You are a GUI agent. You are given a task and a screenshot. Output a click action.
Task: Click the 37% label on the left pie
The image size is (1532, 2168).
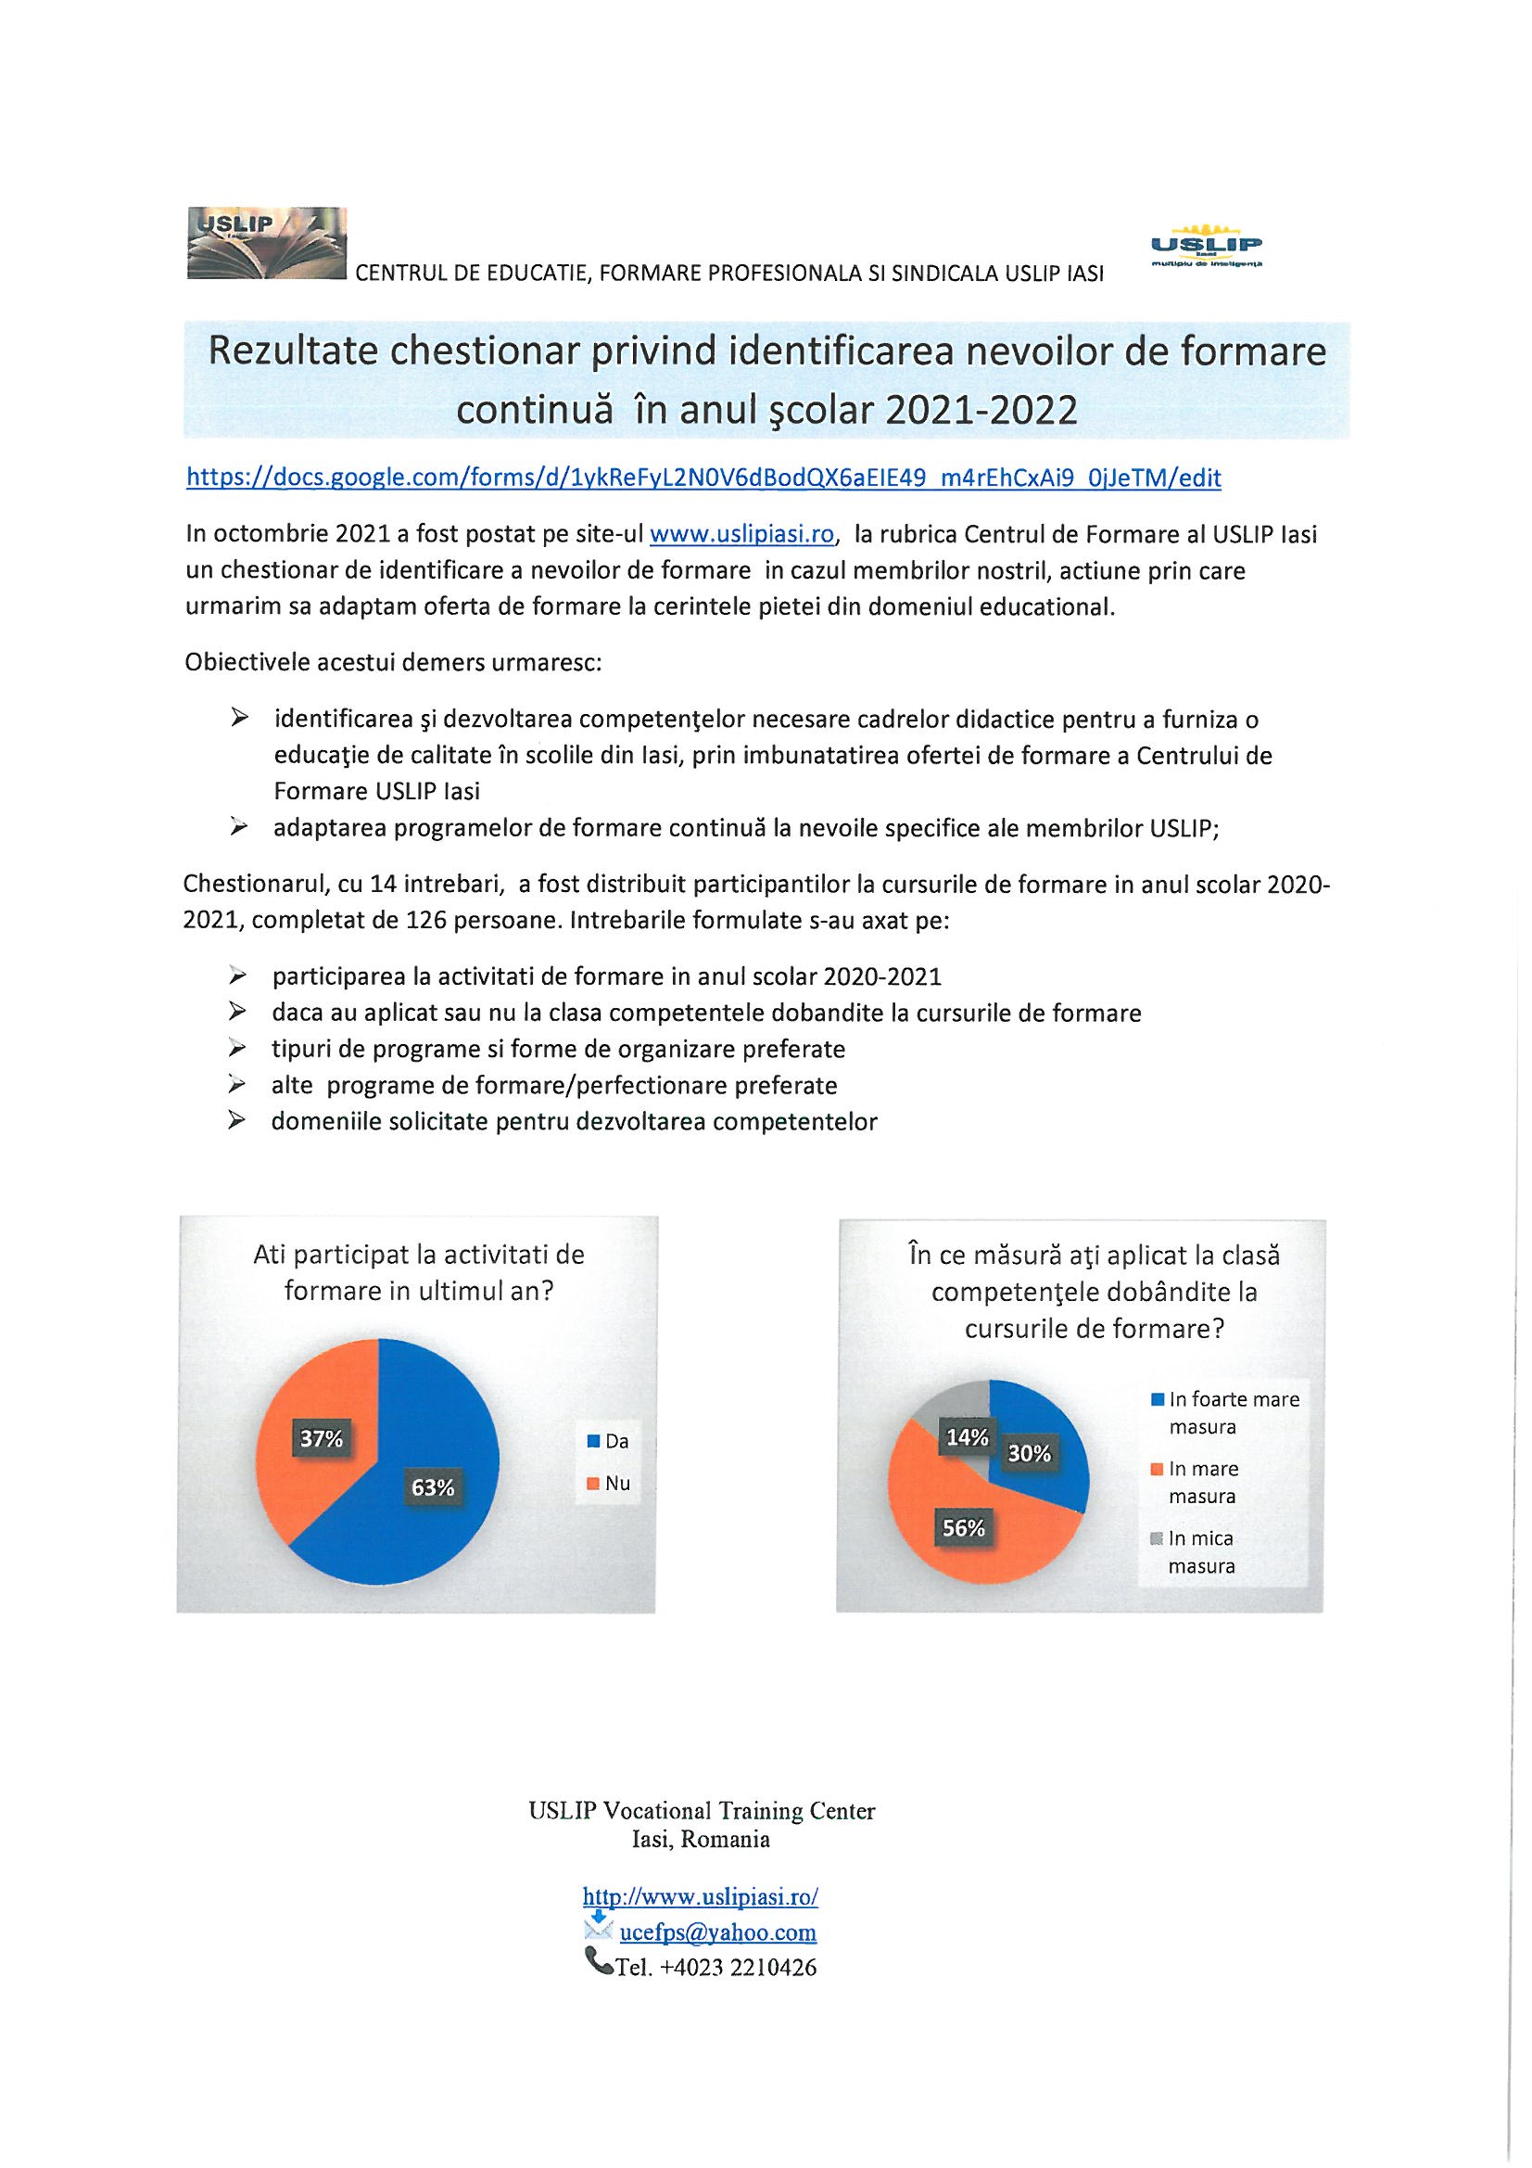pos(321,1438)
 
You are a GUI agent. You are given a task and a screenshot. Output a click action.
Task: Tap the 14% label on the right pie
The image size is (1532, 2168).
pos(968,1437)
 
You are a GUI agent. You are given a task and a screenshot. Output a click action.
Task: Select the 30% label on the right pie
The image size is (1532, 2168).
pos(1029,1453)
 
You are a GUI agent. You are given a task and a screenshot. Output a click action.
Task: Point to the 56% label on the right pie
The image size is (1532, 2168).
pos(964,1527)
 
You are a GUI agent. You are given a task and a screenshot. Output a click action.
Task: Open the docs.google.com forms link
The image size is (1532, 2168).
pos(703,478)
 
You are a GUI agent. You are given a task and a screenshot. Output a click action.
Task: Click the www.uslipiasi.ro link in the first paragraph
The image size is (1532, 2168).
pos(742,534)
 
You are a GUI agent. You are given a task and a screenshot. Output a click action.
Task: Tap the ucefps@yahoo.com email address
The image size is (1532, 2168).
pos(717,1932)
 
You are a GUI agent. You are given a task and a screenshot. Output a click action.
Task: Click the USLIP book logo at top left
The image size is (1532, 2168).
pos(267,244)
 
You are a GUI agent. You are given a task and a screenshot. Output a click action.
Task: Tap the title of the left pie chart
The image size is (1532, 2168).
pos(418,1272)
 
